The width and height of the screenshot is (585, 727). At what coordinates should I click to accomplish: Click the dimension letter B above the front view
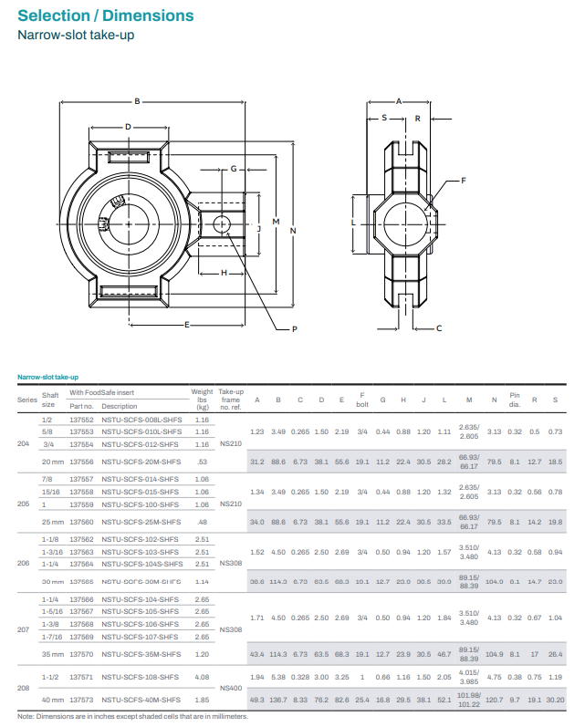click(x=137, y=101)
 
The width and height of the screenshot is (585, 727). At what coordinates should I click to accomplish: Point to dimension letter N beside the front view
click(x=293, y=230)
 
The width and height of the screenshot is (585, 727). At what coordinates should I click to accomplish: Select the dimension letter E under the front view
click(x=186, y=325)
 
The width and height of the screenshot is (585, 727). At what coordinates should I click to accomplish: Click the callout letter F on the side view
click(x=463, y=181)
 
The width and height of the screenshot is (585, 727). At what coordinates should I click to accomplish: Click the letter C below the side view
click(x=439, y=327)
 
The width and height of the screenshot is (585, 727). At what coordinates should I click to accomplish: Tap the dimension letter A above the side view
click(x=399, y=100)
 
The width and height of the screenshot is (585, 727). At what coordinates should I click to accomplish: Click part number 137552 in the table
click(x=82, y=420)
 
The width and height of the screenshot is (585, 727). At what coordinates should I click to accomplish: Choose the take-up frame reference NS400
click(x=231, y=688)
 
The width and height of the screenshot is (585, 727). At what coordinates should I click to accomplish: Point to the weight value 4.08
click(x=202, y=677)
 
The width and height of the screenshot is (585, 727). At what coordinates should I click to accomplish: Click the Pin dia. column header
click(x=515, y=400)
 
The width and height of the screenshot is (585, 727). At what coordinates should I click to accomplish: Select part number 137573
click(x=82, y=700)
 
